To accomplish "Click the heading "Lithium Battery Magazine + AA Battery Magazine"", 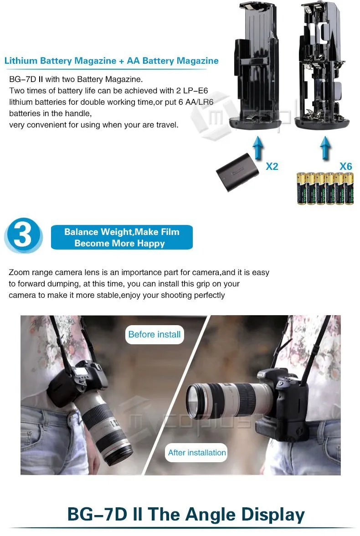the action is pos(111,61).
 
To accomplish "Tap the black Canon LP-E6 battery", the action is pos(237,172).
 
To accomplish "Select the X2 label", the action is pos(272,167).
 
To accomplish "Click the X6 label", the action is pos(345,167).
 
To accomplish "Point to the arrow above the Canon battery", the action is pos(258,148).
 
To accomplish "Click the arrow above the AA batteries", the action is pos(325,148).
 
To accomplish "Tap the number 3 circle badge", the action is pos(23,235).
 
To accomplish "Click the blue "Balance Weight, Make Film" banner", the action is pos(122,237).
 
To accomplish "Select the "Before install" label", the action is pos(154,334).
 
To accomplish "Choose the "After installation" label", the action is pos(196,453).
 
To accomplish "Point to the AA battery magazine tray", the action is pos(322,65).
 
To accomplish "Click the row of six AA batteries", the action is pos(325,189).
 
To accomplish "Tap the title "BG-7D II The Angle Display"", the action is pos(186,514).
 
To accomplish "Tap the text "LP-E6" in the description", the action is pos(196,91).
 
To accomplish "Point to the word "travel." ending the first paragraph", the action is pos(167,125).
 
